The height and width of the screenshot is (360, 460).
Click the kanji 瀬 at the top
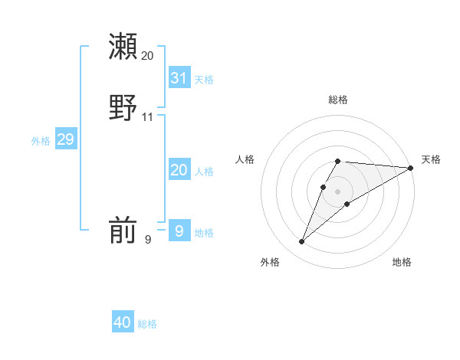coord(123,46)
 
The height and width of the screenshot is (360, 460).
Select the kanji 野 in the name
coord(123,107)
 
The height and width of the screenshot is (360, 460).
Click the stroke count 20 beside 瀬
coord(147,56)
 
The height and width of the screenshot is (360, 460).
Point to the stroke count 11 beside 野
coord(147,117)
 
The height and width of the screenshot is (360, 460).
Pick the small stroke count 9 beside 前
coord(148,240)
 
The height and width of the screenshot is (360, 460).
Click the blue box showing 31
coord(179,77)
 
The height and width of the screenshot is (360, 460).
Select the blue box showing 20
coord(179,170)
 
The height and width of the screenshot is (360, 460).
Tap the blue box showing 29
coord(65,139)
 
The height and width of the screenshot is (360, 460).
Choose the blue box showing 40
coord(123,322)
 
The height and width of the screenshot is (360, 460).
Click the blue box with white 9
coord(179,231)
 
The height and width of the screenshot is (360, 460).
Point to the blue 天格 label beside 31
coord(204,79)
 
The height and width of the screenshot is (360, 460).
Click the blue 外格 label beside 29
coord(41,141)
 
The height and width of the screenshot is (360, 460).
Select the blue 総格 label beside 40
coord(147,324)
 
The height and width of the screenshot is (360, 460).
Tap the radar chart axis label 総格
coord(337,100)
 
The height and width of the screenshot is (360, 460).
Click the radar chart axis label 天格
coord(431,159)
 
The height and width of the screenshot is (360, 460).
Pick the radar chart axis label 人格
coord(245,159)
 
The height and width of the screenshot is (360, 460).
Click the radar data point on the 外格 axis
coord(302,241)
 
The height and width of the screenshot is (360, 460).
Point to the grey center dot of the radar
coord(337,191)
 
